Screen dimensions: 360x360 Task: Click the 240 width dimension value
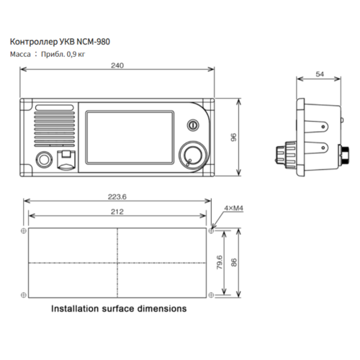click(117, 66)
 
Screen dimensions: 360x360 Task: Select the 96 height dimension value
click(233, 137)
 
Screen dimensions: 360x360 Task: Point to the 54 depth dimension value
click(319, 74)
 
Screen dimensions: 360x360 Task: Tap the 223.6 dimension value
click(117, 197)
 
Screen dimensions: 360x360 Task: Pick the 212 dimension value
click(117, 211)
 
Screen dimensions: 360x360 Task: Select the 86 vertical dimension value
click(233, 263)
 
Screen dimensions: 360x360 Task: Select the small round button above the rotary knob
click(192, 124)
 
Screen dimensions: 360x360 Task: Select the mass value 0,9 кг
click(76, 53)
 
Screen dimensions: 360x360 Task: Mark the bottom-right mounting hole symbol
click(211, 294)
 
